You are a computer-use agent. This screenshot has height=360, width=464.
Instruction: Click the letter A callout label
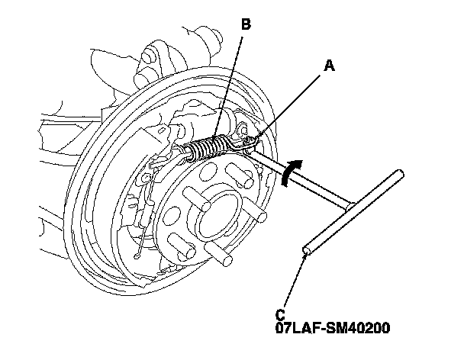(329, 66)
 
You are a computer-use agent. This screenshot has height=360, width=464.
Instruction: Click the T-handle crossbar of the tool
(352, 213)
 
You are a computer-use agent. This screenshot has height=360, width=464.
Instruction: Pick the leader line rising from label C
(295, 282)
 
